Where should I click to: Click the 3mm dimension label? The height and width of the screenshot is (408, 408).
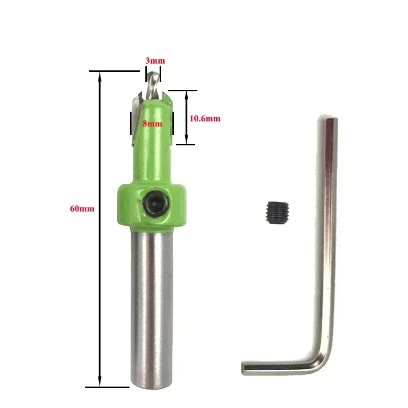[155, 61]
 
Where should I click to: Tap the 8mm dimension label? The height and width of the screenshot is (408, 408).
[152, 123]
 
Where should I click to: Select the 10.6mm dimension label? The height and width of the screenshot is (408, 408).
[205, 118]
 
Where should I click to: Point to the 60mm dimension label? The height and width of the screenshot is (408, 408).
[82, 209]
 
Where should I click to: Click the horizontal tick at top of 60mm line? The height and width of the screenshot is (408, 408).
[107, 71]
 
